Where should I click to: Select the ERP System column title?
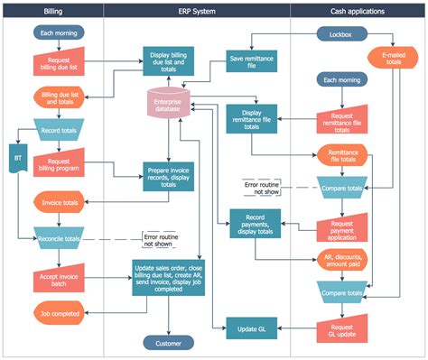(x=196, y=11)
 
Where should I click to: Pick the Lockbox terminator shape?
(x=341, y=34)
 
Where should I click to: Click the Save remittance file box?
(x=251, y=60)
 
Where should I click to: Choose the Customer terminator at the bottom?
(x=169, y=343)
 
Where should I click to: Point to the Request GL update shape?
(x=340, y=328)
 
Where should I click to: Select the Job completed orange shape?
(x=59, y=314)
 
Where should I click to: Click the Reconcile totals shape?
(x=59, y=237)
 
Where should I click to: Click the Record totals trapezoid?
(x=59, y=128)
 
